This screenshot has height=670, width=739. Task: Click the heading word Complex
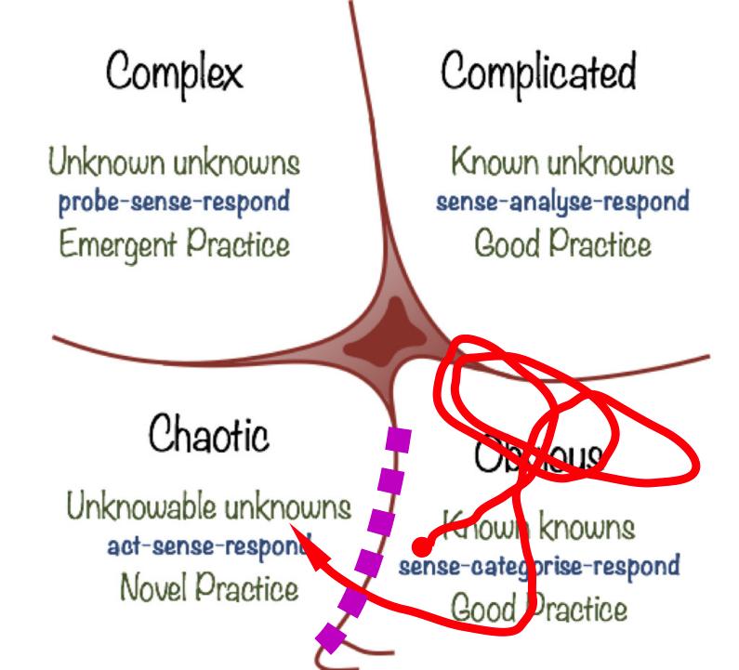[x=175, y=72]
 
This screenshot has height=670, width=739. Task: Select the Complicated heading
[x=538, y=72]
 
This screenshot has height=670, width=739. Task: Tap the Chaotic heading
[x=209, y=435]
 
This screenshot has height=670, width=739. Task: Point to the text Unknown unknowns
[x=175, y=164]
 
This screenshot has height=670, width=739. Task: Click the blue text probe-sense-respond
[x=175, y=201]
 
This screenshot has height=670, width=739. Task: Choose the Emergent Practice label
[x=175, y=244]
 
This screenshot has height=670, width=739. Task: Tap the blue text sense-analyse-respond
[x=562, y=201]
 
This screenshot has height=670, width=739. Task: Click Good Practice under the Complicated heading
[x=562, y=244]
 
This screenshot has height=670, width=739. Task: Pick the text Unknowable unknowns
[x=209, y=507]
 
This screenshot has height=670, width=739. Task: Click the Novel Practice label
[x=209, y=587]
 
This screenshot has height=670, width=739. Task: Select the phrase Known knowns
[x=539, y=527]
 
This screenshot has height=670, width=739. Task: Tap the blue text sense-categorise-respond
[x=539, y=565]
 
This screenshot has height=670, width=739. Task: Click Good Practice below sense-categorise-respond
[x=539, y=609]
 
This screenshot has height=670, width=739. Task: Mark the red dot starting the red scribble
[x=421, y=545]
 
